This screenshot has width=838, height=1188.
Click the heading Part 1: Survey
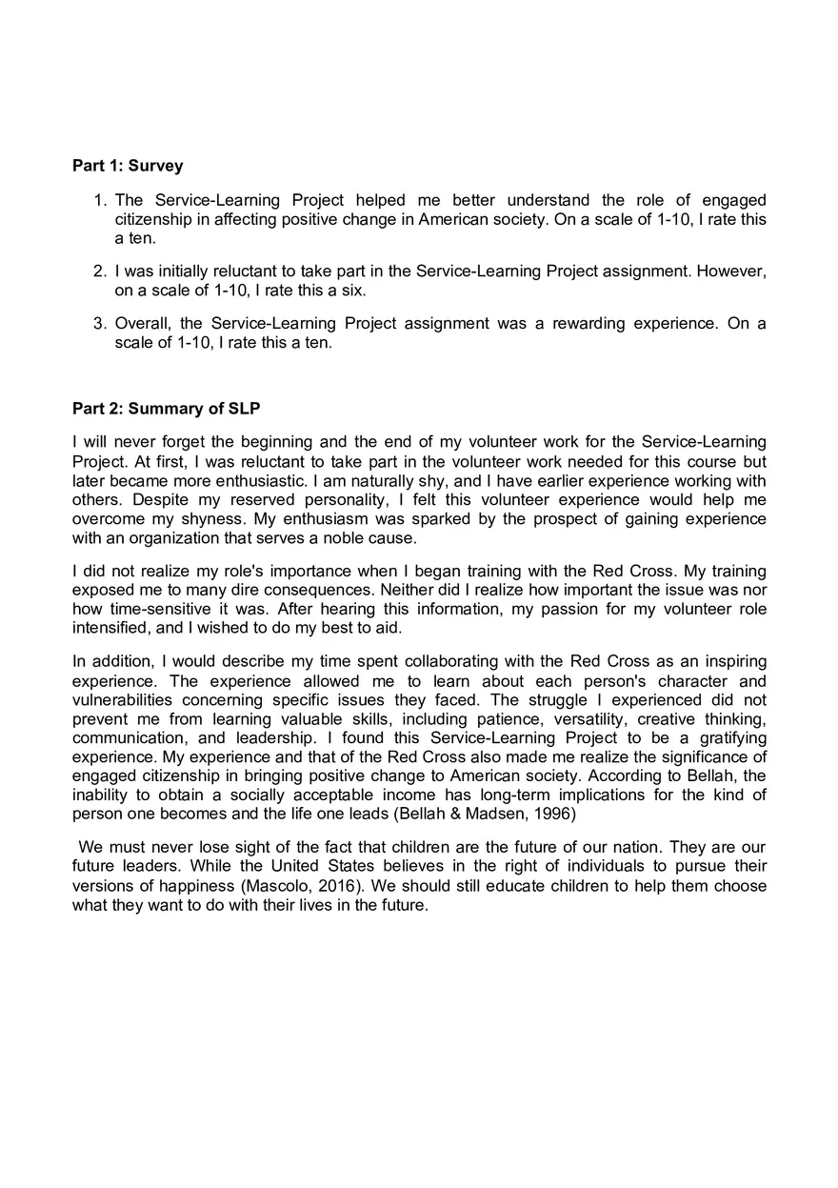coord(128,166)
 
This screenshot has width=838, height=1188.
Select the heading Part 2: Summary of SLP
coord(167,409)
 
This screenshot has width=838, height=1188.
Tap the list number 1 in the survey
coord(99,200)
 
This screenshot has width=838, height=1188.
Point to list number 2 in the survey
coord(99,272)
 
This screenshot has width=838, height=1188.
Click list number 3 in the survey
coord(99,323)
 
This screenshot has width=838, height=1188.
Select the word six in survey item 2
coord(352,291)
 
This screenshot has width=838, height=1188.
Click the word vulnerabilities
coord(119,700)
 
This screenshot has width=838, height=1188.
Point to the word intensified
coord(109,629)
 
